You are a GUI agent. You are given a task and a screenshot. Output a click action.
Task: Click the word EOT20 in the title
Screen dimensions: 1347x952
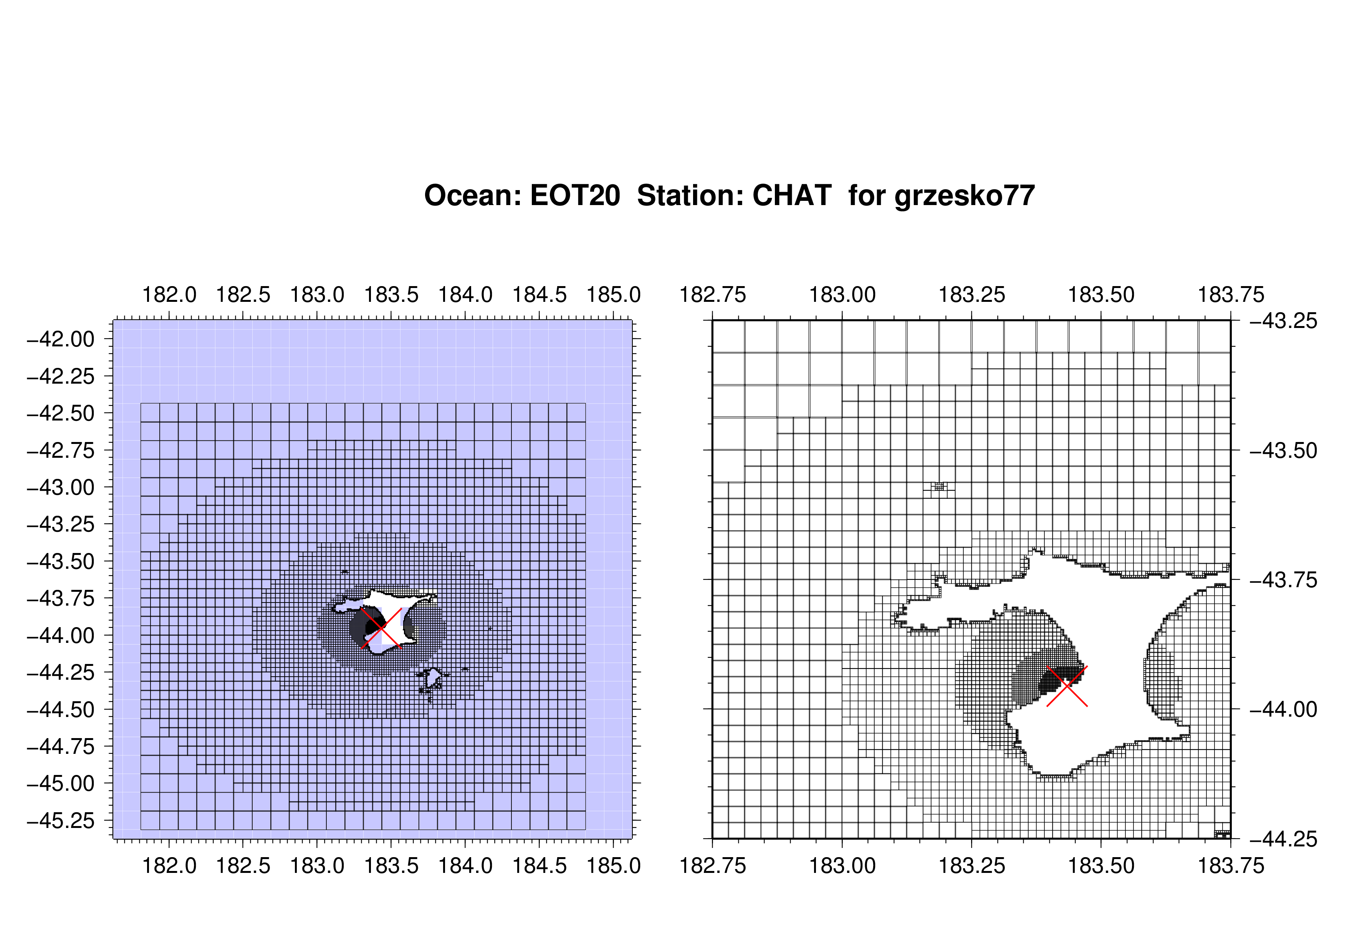(x=575, y=195)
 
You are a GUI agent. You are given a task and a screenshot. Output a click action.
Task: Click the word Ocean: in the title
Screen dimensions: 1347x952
(x=473, y=195)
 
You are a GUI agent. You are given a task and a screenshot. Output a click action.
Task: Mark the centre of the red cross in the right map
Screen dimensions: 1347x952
(x=1067, y=686)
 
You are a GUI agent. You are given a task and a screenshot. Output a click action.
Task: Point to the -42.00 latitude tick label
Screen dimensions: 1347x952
(x=61, y=339)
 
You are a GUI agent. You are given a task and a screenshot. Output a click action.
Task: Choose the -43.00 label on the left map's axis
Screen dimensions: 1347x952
(x=61, y=487)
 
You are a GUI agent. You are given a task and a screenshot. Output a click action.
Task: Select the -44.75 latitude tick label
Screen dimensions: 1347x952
(x=61, y=747)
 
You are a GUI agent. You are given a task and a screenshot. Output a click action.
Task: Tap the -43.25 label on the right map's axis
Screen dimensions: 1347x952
(x=1284, y=321)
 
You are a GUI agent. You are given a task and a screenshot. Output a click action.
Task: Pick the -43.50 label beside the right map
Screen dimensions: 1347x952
(x=1284, y=450)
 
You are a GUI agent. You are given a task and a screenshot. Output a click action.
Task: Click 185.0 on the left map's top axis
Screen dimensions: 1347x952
(x=614, y=295)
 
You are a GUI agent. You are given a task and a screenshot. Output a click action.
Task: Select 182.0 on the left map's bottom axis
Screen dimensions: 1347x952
(x=170, y=866)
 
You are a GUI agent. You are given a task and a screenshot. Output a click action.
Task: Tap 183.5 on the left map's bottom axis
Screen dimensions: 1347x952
(x=391, y=866)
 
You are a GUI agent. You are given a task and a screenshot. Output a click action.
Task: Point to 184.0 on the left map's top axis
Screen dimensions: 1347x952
(x=465, y=295)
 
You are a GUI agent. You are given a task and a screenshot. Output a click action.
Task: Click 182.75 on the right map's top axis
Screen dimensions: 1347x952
(x=713, y=295)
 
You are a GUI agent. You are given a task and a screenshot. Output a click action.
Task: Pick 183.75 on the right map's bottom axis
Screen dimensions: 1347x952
(x=1231, y=866)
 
